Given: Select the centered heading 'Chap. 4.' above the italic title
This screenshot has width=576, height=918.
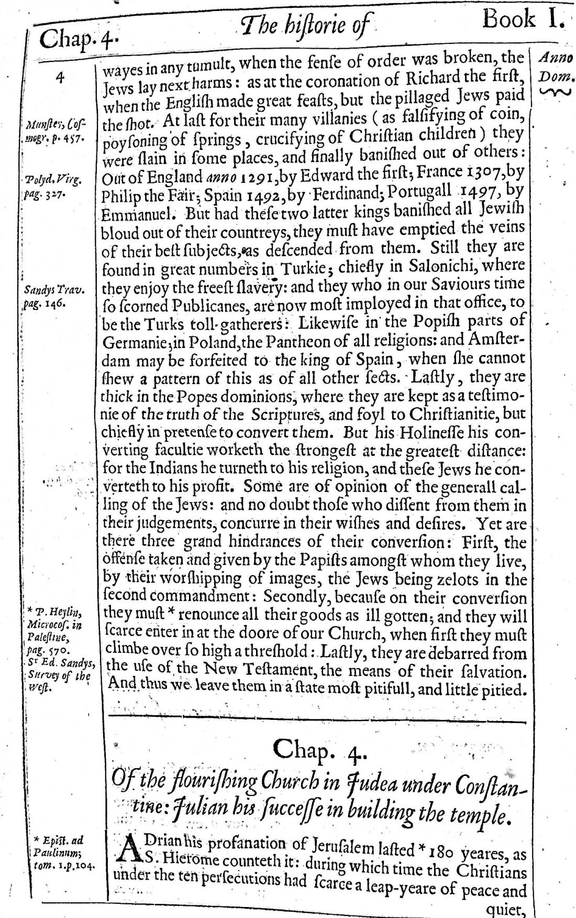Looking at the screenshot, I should (316, 751).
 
